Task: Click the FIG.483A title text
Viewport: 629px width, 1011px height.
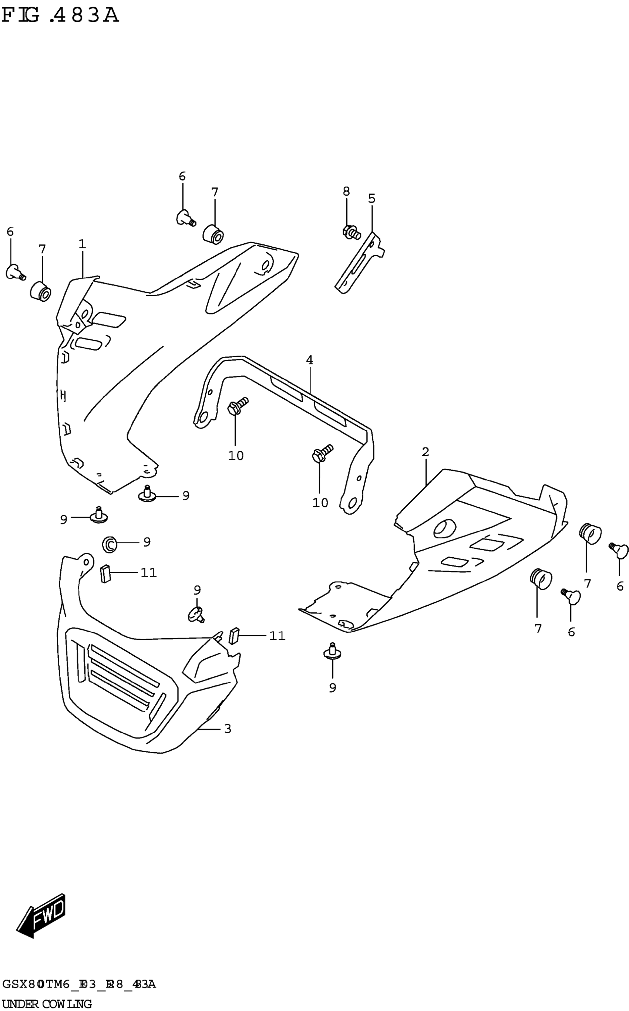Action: pos(60,16)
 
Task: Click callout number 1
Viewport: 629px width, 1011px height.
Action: pos(82,244)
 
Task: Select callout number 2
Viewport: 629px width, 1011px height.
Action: pos(425,452)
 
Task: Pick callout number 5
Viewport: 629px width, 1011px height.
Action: pos(371,198)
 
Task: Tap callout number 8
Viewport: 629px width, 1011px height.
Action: pos(346,191)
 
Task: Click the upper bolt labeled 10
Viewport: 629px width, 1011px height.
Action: pos(237,405)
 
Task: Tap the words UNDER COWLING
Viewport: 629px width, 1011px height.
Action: pos(47,1004)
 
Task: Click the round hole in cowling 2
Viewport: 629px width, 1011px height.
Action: pos(444,528)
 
